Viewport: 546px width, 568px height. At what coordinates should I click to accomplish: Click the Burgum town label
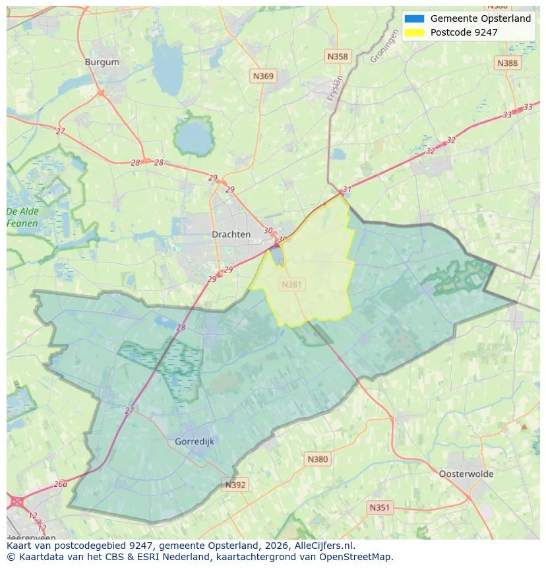point(102,62)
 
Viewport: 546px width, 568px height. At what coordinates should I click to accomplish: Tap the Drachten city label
point(231,234)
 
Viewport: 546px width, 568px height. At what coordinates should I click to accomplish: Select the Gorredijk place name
point(195,441)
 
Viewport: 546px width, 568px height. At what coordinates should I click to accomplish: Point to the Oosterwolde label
point(466,474)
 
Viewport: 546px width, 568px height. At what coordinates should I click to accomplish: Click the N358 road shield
point(337,57)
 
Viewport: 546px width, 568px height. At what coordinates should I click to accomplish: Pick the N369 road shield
point(263,77)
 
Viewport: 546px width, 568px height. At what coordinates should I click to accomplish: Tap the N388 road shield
point(507,63)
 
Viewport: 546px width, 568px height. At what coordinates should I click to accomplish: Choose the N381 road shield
point(292,284)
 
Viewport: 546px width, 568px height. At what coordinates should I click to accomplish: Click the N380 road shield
point(317,459)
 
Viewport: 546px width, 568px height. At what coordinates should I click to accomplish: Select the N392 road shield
point(235,485)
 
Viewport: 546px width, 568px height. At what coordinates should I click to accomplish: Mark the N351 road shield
point(379,507)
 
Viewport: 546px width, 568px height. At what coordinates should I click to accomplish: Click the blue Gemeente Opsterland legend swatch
point(414,18)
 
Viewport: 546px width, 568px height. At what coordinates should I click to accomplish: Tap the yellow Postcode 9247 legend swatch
point(414,32)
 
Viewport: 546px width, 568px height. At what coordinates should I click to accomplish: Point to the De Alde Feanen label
point(22,217)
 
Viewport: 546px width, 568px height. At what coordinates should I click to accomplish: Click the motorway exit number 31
point(347,189)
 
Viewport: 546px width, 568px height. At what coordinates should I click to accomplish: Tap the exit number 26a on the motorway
point(60,484)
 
